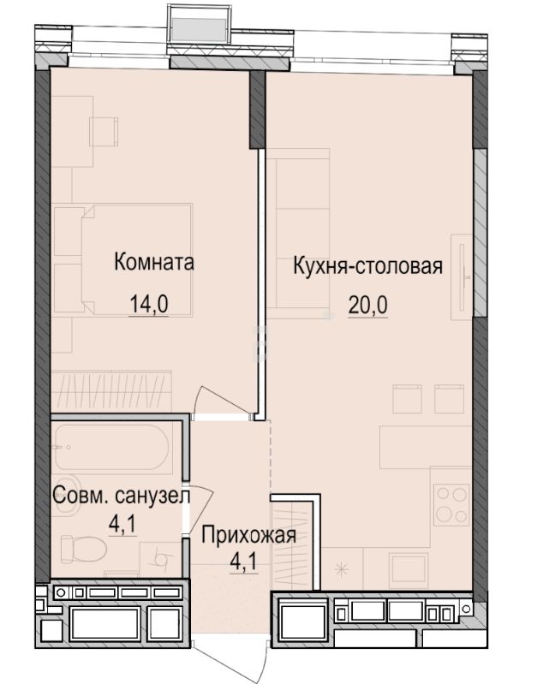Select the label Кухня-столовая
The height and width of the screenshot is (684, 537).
(x=367, y=265)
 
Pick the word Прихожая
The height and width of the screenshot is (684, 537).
(x=248, y=537)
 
